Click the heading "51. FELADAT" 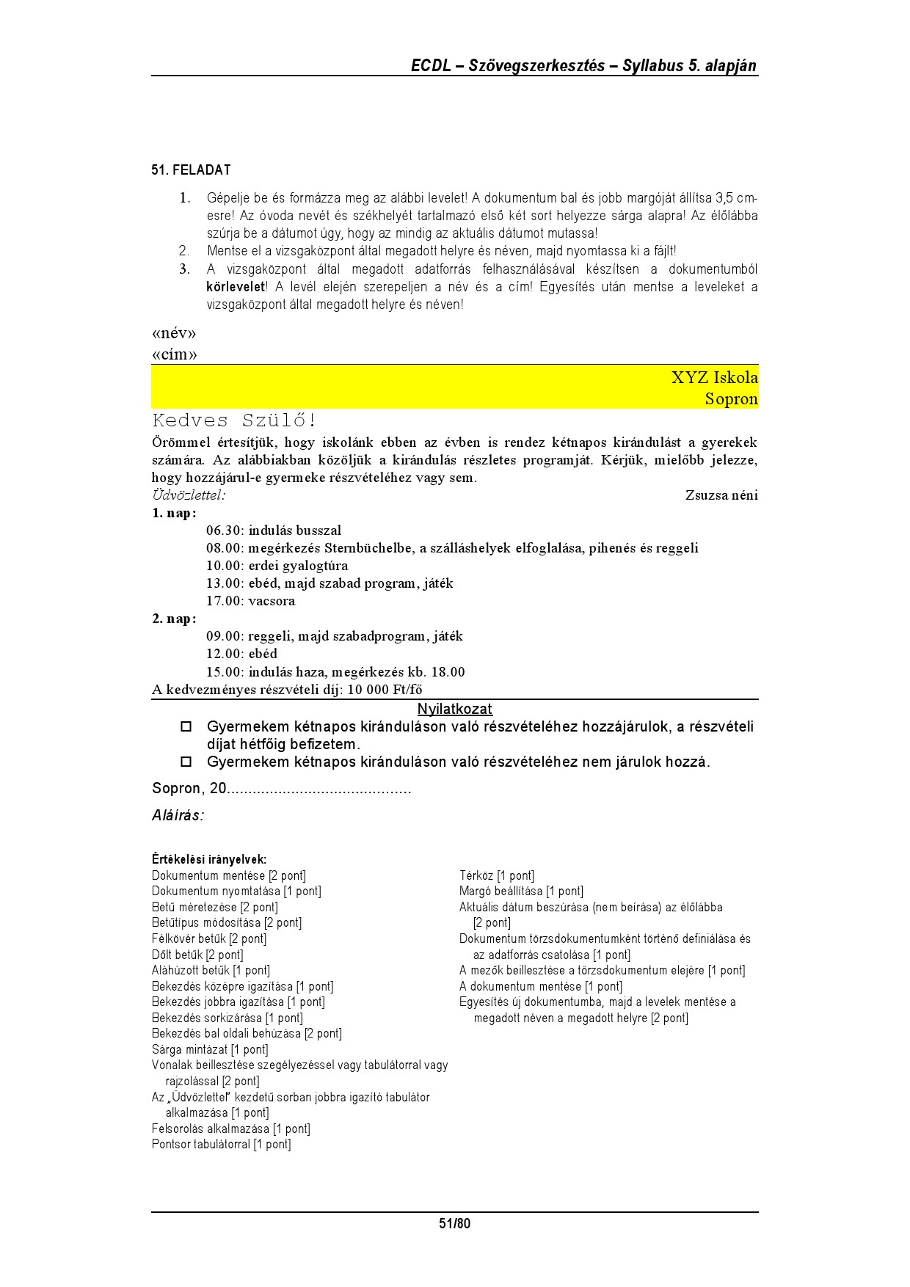[x=191, y=170]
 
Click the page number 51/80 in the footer [x=454, y=1223]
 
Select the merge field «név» [x=174, y=334]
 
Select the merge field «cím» [x=175, y=355]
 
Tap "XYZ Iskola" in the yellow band [x=714, y=378]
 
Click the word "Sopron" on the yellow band [x=731, y=399]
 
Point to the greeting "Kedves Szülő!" [x=235, y=421]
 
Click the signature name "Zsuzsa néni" [x=721, y=495]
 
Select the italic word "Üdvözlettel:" [x=189, y=495]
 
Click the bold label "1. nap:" [x=174, y=513]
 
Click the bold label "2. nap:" [x=174, y=619]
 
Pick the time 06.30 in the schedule [x=223, y=531]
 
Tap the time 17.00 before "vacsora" [x=223, y=601]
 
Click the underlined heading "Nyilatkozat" [x=454, y=710]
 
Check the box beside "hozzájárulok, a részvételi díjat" [x=186, y=727]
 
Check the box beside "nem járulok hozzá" [x=186, y=762]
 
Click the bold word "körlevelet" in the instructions [x=235, y=287]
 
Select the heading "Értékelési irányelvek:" [x=209, y=859]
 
